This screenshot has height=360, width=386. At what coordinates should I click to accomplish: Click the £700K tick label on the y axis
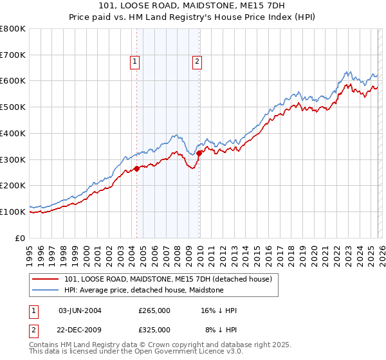pyautogui.click(x=13, y=55)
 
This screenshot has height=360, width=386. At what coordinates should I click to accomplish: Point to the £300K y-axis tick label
pyautogui.click(x=13, y=159)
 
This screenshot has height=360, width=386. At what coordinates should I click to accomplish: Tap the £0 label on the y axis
pyautogui.click(x=20, y=238)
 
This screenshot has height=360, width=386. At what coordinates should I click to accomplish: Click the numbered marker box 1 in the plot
pyautogui.click(x=135, y=62)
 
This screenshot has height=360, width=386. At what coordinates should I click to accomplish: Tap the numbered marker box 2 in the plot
pyautogui.click(x=196, y=62)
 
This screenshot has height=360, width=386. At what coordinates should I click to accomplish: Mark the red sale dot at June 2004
pyautogui.click(x=137, y=169)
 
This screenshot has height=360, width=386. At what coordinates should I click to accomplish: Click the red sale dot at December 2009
pyautogui.click(x=199, y=153)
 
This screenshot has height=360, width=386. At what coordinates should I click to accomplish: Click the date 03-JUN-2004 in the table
pyautogui.click(x=80, y=310)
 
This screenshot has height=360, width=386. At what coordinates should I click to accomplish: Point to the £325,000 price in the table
pyautogui.click(x=154, y=329)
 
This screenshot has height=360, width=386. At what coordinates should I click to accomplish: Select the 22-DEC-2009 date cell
pyautogui.click(x=80, y=329)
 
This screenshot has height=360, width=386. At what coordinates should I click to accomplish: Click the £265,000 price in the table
pyautogui.click(x=154, y=310)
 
